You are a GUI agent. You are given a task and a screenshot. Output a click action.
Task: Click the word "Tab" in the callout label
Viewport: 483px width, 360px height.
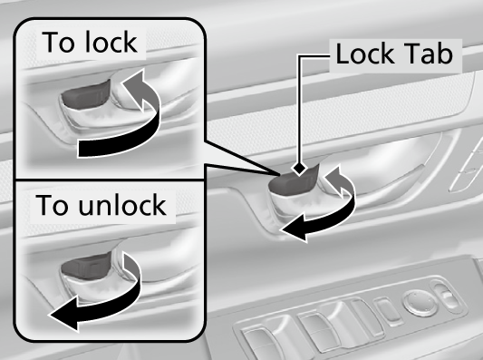(434, 55)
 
